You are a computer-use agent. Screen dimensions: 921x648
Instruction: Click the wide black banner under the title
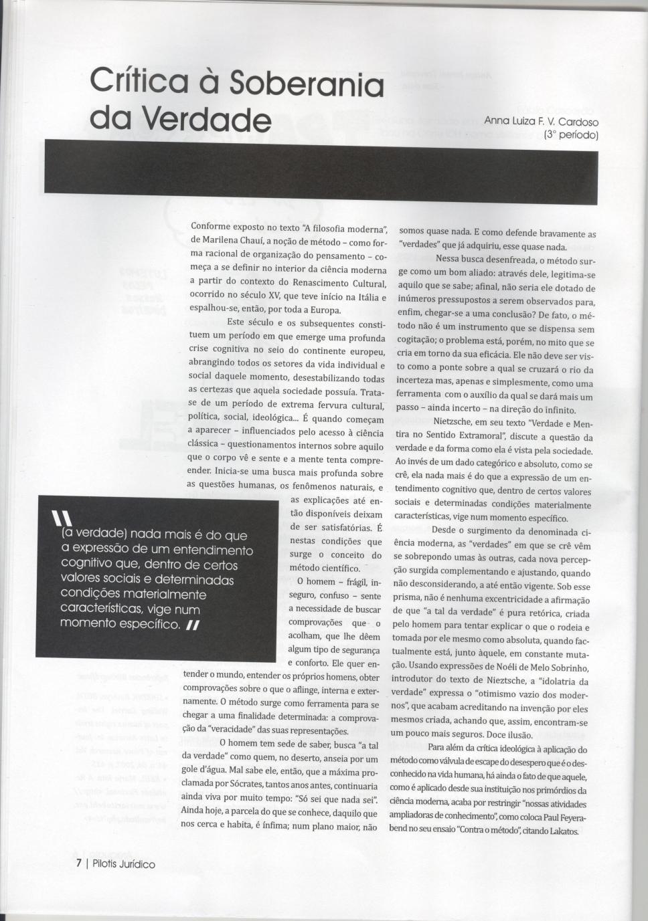click(321, 171)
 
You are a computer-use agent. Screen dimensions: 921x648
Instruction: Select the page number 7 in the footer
click(78, 863)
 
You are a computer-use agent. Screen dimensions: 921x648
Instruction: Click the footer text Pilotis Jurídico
click(124, 864)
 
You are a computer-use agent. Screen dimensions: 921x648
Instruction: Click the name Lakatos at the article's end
click(564, 830)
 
